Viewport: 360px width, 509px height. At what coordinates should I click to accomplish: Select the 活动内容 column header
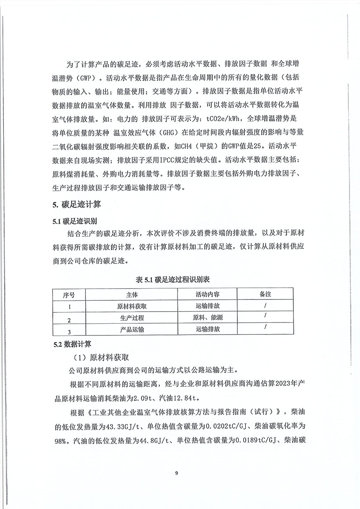(x=208, y=294)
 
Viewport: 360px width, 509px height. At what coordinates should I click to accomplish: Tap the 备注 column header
(x=265, y=294)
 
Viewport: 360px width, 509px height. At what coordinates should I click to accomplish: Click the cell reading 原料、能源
(x=208, y=317)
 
